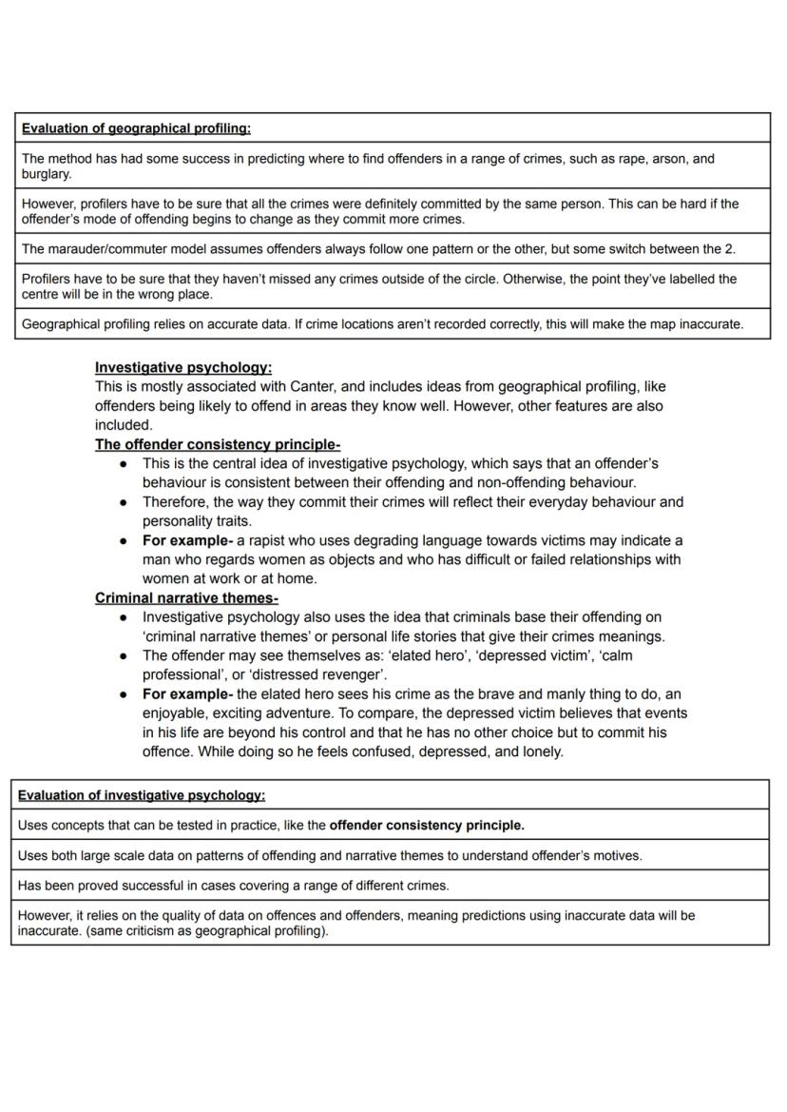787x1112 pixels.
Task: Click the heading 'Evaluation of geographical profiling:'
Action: coord(136,128)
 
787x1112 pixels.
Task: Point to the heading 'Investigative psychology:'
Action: coord(183,367)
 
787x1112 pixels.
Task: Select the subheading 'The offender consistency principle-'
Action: coord(218,444)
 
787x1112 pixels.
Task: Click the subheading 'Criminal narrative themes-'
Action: coord(186,598)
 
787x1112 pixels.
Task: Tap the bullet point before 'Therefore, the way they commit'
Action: coord(124,502)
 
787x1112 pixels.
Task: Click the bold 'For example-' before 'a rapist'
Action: coord(187,540)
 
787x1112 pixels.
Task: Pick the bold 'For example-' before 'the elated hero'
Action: coord(187,694)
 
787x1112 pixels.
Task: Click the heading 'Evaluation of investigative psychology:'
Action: coord(142,795)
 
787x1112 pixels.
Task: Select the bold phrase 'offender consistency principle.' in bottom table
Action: coord(427,825)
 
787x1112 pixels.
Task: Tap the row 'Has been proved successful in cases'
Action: coord(234,885)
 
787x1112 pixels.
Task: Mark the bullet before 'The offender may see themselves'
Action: coord(124,655)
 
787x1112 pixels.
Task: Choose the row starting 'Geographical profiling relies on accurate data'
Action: coord(380,324)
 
